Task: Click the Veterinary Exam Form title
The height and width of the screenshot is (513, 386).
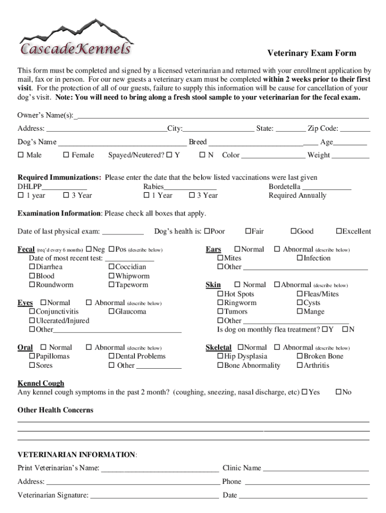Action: click(x=311, y=54)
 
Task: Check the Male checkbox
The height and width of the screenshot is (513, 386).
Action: click(x=21, y=155)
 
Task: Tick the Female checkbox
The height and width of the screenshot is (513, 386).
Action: click(x=66, y=155)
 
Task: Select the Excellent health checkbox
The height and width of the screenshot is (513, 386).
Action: click(x=339, y=231)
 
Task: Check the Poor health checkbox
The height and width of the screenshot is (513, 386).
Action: click(x=207, y=231)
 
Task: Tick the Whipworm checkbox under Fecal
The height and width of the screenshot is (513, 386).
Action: click(x=111, y=276)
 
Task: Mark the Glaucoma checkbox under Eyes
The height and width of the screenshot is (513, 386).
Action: click(x=111, y=312)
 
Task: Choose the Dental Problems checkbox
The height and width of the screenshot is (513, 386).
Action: click(x=111, y=356)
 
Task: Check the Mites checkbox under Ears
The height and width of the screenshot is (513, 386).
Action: click(x=220, y=258)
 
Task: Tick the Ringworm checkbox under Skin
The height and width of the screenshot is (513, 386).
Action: click(x=220, y=303)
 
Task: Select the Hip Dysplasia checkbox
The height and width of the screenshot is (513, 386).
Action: click(x=220, y=356)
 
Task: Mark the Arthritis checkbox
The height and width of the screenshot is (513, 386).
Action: click(x=300, y=365)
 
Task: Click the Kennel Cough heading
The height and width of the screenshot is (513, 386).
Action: click(x=41, y=383)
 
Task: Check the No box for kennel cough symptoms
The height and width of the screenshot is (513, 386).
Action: click(x=338, y=392)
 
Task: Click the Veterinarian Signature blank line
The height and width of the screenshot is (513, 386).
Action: click(x=154, y=495)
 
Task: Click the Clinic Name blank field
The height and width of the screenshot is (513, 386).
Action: click(x=316, y=468)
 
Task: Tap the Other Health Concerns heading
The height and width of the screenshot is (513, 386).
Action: click(x=56, y=410)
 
